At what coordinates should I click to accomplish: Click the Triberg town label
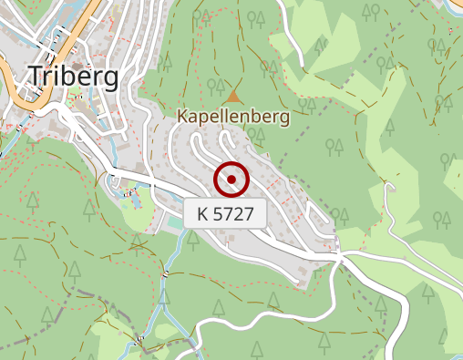(73, 77)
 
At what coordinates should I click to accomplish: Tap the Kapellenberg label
(233, 117)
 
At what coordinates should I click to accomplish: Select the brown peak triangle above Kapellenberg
(234, 95)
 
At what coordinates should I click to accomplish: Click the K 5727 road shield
(225, 215)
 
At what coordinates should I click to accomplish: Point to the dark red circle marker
(231, 180)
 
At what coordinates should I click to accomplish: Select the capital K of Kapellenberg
(182, 117)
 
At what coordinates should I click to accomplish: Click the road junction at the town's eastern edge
(339, 257)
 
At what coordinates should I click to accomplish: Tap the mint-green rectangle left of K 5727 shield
(173, 222)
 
